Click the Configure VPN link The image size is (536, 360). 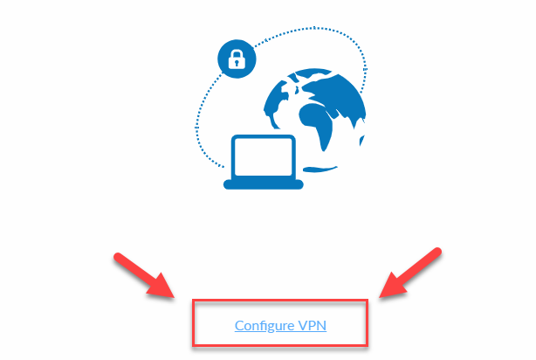coord(280,325)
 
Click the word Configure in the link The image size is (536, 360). coord(265,326)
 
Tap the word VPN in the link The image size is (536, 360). coord(313,325)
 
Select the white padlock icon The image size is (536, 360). coord(237,59)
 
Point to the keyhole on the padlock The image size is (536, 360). coord(237,63)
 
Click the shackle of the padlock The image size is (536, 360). coord(237,53)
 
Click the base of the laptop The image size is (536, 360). coord(264,184)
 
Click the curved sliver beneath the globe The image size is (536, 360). coord(320,169)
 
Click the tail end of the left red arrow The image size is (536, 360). coord(118,257)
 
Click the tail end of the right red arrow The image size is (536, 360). coord(437,251)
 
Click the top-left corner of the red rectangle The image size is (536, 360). coord(194,301)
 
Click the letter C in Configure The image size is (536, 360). coord(239,325)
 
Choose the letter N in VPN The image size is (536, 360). coord(322,325)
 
